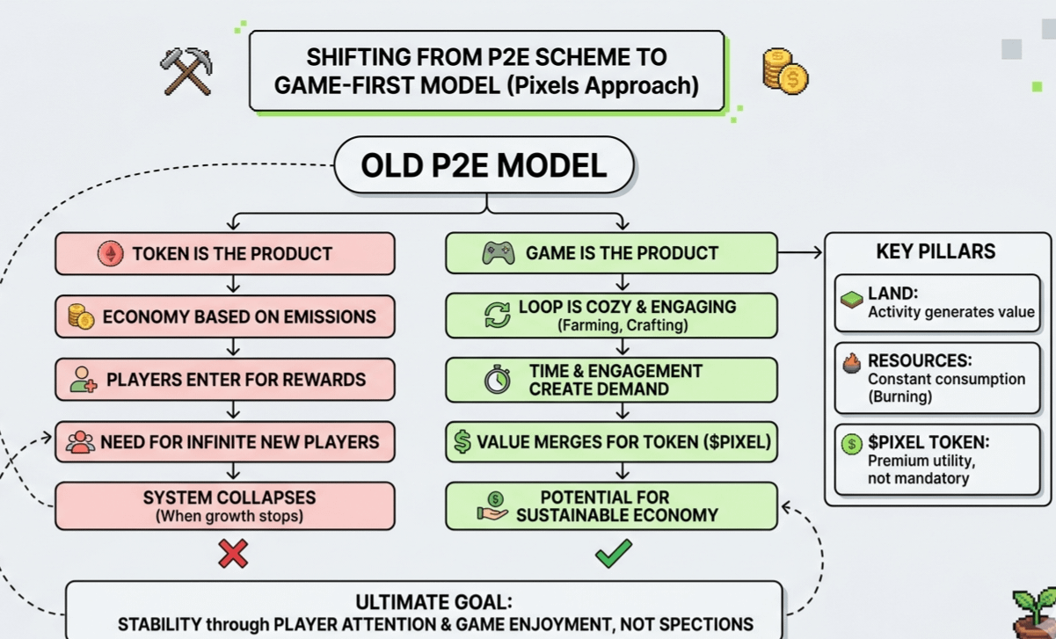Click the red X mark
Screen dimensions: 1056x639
click(233, 554)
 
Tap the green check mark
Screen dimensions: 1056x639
click(613, 553)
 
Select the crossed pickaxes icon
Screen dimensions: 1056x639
click(186, 70)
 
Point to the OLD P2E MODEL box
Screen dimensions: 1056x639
click(484, 165)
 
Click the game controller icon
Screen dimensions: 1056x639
click(499, 253)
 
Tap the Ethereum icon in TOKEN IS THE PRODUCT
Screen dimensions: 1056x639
click(111, 254)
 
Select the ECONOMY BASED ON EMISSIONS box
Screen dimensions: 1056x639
click(225, 316)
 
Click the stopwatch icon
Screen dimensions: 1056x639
click(498, 380)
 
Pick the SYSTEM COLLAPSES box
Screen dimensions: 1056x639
click(225, 505)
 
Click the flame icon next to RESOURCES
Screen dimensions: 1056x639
click(851, 363)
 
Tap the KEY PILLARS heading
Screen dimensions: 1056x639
click(936, 251)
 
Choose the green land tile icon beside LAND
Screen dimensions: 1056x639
click(851, 300)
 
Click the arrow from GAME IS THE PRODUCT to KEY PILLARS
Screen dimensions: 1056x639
click(800, 253)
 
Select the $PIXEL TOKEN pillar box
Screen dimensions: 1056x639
click(936, 459)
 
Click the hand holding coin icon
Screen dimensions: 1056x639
click(493, 506)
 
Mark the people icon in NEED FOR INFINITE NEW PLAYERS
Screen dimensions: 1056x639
click(80, 441)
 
